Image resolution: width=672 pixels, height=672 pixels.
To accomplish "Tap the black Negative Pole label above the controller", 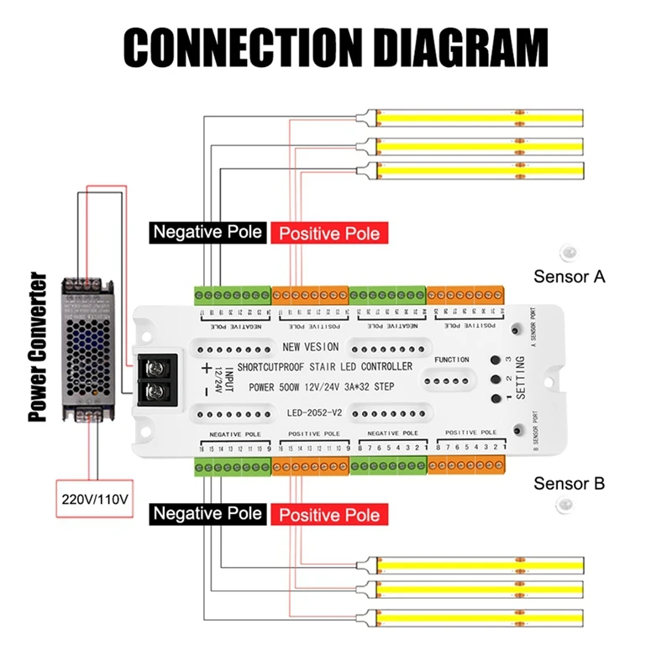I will [207, 231].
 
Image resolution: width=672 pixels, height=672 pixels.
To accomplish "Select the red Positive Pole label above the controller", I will [328, 233].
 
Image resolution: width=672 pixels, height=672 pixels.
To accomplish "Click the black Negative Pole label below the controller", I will [207, 513].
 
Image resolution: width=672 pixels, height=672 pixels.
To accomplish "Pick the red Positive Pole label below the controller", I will [328, 514].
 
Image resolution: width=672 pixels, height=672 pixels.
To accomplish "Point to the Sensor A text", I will [570, 276].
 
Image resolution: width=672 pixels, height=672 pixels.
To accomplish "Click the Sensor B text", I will [570, 484].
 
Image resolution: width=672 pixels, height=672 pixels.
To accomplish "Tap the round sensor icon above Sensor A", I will [568, 251].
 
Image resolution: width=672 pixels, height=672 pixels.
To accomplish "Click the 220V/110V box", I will [95, 499].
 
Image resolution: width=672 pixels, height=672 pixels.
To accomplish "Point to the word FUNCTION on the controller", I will [453, 360].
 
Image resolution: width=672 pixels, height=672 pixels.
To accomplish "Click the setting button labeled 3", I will [496, 359].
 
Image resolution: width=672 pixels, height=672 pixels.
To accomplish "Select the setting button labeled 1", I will [496, 399].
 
